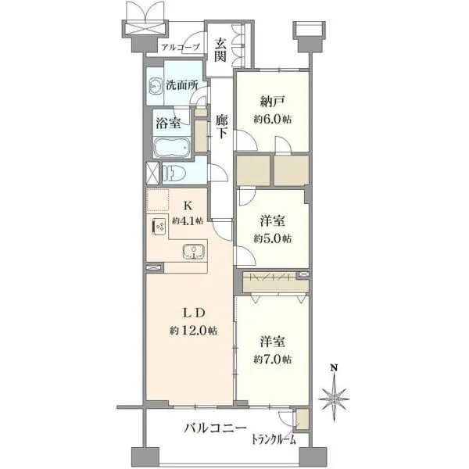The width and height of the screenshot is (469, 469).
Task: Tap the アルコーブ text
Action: tap(181, 47)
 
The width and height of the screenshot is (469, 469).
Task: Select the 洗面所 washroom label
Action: tap(182, 86)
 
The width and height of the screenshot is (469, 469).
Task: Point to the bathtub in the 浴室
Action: tap(172, 148)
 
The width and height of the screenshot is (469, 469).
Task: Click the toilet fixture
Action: tap(174, 174)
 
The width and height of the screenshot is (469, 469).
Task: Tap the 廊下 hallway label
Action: tap(222, 127)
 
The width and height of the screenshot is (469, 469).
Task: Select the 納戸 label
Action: tap(272, 102)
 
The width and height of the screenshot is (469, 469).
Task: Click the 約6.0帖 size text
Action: tap(273, 120)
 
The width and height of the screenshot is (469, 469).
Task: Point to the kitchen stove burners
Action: tap(159, 227)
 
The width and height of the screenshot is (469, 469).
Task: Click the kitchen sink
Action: tap(194, 251)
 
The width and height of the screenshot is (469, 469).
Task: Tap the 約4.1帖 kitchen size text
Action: tap(188, 221)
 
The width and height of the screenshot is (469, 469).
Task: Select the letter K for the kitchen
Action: tap(188, 206)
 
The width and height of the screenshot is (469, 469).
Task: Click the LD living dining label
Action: tap(194, 313)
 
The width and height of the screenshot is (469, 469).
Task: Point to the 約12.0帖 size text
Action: tap(194, 331)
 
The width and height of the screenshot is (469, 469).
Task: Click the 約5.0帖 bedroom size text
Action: tap(273, 238)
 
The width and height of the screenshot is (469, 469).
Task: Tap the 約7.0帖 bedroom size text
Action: tap(273, 360)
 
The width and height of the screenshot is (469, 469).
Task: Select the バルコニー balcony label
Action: tap(215, 428)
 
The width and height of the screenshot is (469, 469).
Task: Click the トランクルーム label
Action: tap(274, 439)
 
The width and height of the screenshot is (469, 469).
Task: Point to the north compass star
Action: tap(334, 399)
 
